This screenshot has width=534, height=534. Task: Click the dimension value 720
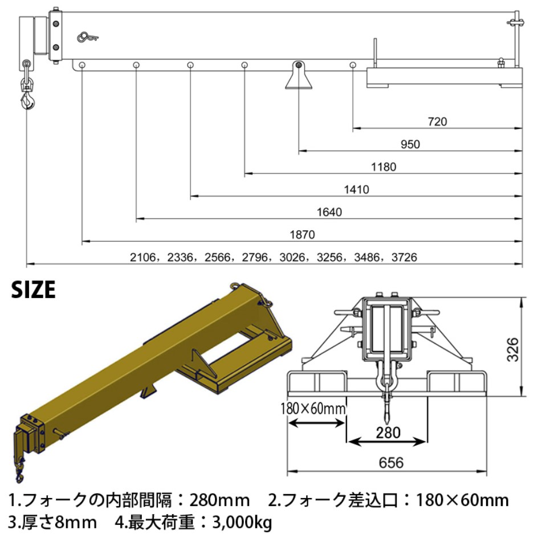[x=437, y=121]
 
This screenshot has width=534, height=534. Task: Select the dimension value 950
[x=410, y=144]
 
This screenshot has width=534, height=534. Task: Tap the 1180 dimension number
[x=383, y=167]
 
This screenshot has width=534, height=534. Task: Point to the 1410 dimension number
[x=356, y=189]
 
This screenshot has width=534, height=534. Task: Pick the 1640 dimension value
[x=329, y=212]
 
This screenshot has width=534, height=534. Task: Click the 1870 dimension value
[x=302, y=234]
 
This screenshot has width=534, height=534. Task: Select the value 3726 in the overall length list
[x=405, y=258]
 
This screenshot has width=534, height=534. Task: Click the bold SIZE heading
[x=34, y=290]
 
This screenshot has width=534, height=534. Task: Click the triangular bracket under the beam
[x=299, y=78]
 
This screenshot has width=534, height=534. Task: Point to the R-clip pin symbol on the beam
[x=88, y=38]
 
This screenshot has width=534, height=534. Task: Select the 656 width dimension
[x=391, y=463]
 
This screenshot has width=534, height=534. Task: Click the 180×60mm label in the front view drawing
[x=313, y=409]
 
